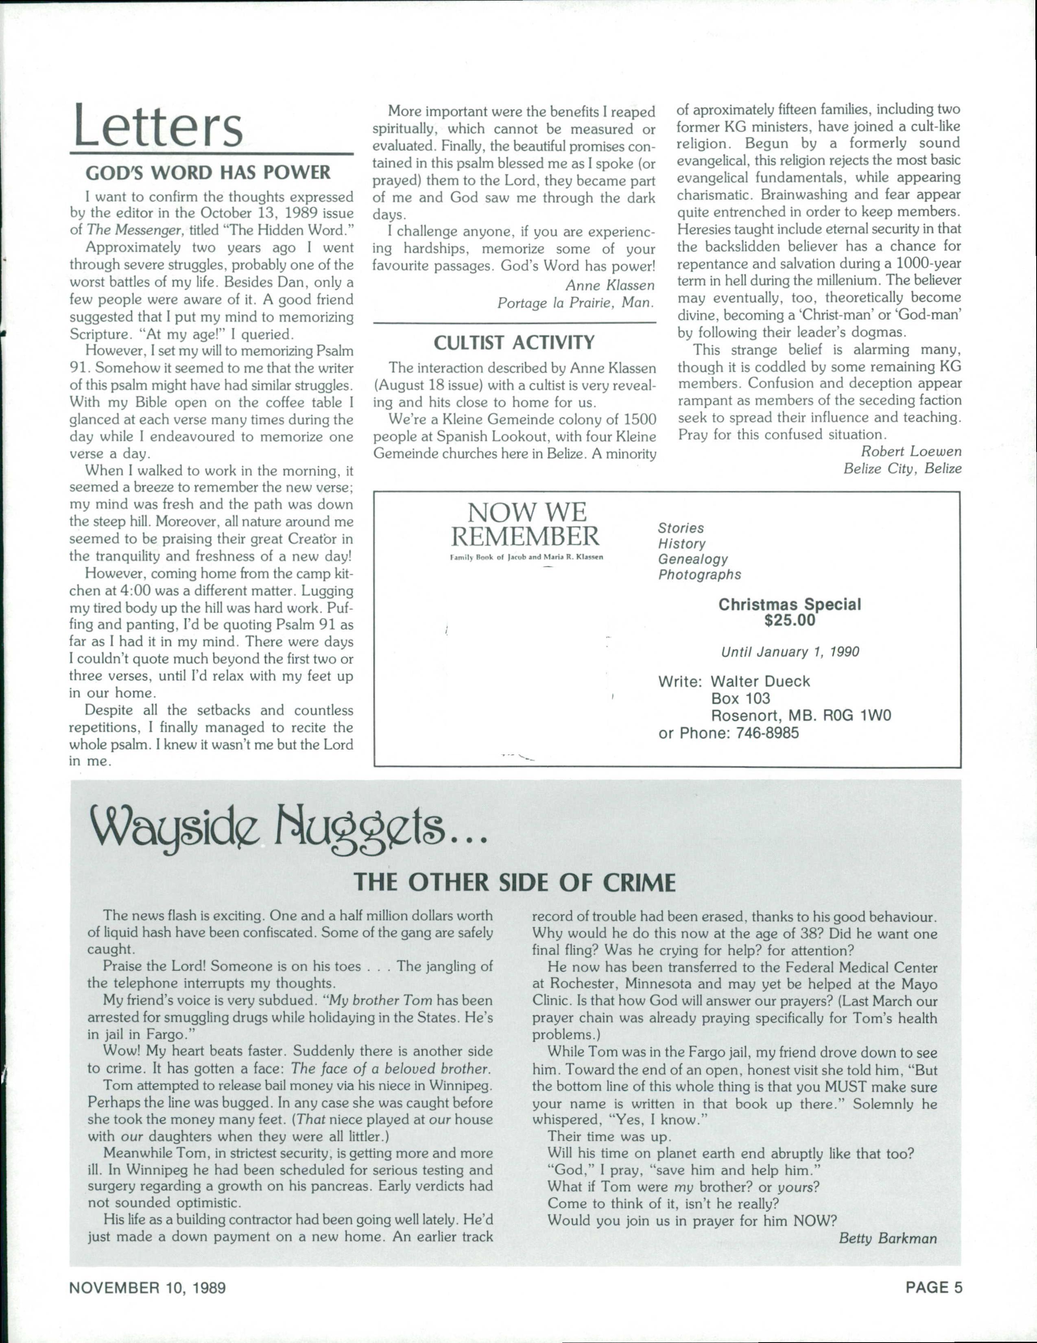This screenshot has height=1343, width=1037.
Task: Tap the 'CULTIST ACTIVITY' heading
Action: click(x=514, y=342)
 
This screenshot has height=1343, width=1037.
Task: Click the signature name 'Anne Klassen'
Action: click(x=609, y=285)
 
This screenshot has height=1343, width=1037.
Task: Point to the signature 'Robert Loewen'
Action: click(x=911, y=451)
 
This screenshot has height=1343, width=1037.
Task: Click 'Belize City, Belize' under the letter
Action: click(x=902, y=469)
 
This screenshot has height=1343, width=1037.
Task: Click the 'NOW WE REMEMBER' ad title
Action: click(x=526, y=524)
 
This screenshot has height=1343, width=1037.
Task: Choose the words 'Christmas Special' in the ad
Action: click(x=790, y=605)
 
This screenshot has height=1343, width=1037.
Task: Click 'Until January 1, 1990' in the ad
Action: click(x=790, y=651)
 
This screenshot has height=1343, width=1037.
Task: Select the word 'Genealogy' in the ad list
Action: click(x=692, y=559)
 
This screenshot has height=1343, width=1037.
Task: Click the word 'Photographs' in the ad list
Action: click(x=699, y=575)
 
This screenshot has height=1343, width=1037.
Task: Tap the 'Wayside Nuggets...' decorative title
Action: click(x=289, y=828)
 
